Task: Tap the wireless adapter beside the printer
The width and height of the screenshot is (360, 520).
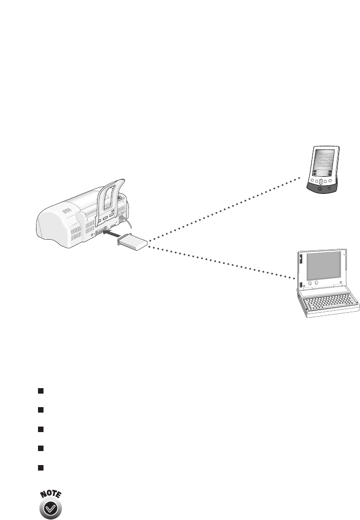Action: tap(133, 244)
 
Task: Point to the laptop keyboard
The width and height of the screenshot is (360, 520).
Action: tap(329, 303)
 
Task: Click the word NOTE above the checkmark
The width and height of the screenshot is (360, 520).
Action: tap(52, 495)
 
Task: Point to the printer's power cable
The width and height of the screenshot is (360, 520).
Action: tap(129, 223)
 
